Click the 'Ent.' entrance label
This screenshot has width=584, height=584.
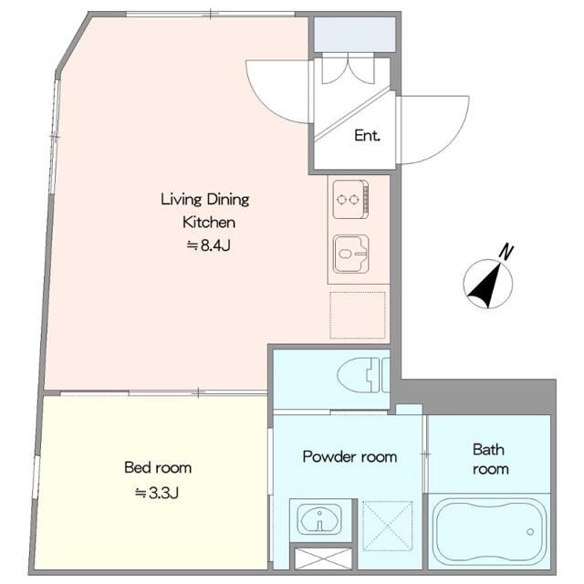tap(367, 136)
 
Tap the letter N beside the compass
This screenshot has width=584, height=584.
tap(506, 252)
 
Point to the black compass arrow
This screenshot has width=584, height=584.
tap(485, 285)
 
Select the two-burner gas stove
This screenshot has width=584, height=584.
tap(350, 199)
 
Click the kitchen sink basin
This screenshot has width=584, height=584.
tap(351, 254)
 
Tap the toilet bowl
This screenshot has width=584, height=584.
tap(362, 375)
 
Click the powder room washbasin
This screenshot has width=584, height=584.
tap(319, 519)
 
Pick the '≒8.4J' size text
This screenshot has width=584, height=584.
tap(209, 245)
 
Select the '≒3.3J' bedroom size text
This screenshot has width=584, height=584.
tap(157, 493)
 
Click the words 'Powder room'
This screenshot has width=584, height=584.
tap(349, 456)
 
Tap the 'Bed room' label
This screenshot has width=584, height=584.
tap(158, 467)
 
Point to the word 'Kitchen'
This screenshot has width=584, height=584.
tap(209, 223)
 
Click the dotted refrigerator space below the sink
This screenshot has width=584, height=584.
tap(358, 316)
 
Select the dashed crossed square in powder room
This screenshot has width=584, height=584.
tap(387, 526)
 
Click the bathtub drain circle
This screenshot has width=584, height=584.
tap(530, 532)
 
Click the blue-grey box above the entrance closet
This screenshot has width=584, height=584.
tap(354, 35)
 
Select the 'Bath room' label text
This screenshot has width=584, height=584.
tap(490, 459)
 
